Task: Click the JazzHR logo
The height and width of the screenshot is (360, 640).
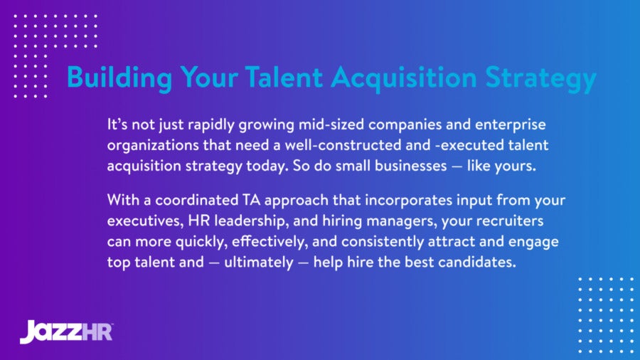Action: point(66,331)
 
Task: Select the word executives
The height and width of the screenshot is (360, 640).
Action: point(146,221)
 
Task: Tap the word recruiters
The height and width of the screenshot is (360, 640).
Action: point(503,221)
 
